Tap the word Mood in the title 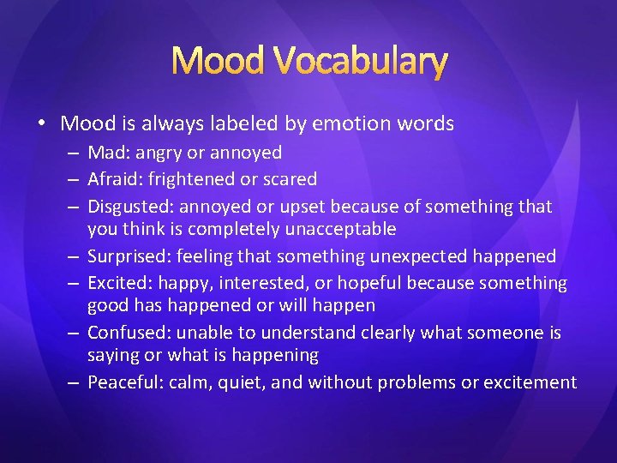pyautogui.click(x=219, y=61)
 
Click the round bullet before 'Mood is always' pyautogui.click(x=42, y=124)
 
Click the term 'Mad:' pyautogui.click(x=108, y=153)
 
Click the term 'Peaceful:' pyautogui.click(x=125, y=382)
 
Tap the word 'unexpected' pyautogui.click(x=420, y=256)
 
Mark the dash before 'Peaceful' pyautogui.click(x=75, y=382)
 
